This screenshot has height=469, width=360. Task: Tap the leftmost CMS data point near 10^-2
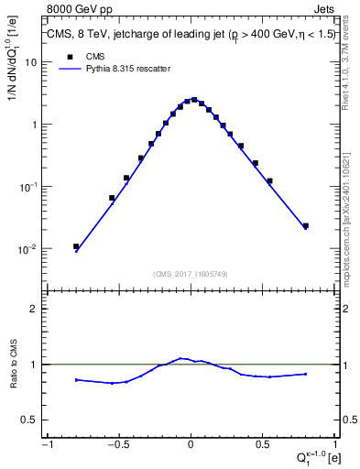76,246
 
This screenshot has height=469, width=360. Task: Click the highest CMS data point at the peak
194,100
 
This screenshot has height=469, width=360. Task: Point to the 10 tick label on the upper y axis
31,62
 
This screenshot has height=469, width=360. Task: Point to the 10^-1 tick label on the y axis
28,187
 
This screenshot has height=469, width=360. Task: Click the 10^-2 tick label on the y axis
28,249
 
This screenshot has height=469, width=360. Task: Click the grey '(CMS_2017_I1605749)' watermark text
191,274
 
